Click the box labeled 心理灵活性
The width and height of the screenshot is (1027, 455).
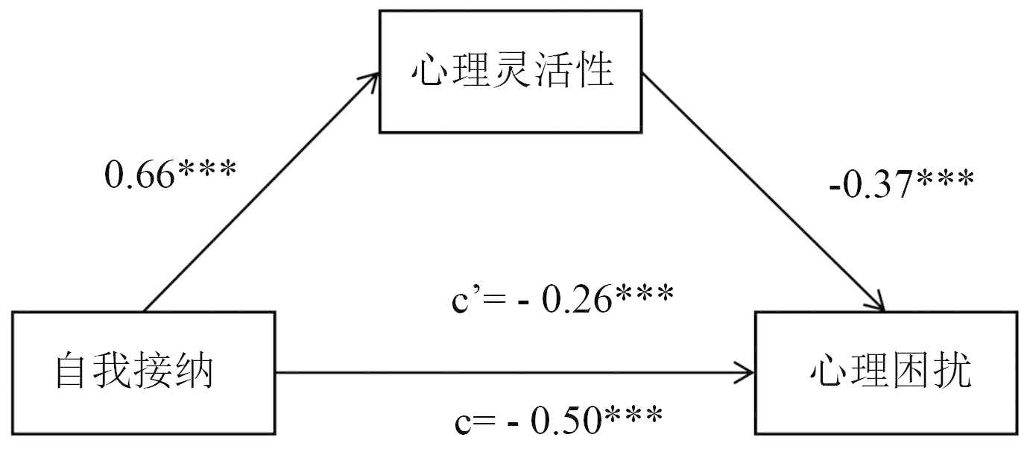point(511,73)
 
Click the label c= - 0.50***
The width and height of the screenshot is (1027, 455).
point(558,421)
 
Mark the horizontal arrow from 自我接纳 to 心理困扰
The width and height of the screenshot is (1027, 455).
point(514,371)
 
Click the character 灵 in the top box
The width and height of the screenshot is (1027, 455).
point(511,73)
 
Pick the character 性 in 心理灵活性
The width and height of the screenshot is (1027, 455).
point(594,73)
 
